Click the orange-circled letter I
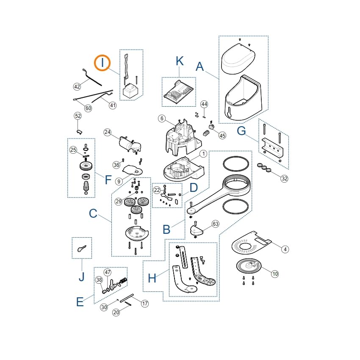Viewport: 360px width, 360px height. (x=102, y=63)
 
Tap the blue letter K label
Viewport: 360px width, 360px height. (x=180, y=61)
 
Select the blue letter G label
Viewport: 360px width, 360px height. (x=241, y=130)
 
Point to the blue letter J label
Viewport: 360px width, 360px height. (x=81, y=277)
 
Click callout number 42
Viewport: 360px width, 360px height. (x=77, y=86)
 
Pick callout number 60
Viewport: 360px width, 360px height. (x=88, y=108)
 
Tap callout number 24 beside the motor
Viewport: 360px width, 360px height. (x=108, y=132)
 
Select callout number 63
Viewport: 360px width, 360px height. (x=215, y=224)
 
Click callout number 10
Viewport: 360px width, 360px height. (x=275, y=274)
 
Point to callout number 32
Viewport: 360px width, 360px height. (x=285, y=178)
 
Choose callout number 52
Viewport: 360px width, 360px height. (x=78, y=116)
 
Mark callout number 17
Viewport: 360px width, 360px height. (x=145, y=304)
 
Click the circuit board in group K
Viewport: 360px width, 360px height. (x=178, y=92)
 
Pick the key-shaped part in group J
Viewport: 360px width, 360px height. (x=82, y=248)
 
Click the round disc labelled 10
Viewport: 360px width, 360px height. (x=249, y=266)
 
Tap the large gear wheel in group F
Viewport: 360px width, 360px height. (x=86, y=166)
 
